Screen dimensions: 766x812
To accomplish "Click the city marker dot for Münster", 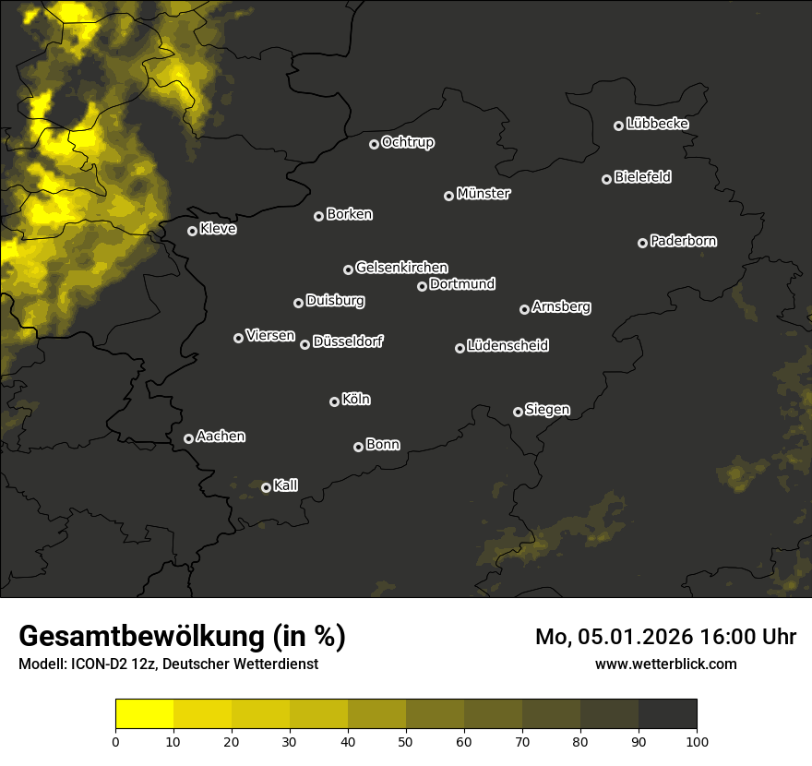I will pyautogui.click(x=449, y=196).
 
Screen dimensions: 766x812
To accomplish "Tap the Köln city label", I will pyautogui.click(x=356, y=400).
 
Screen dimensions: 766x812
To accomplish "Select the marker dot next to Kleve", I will pyautogui.click(x=193, y=231).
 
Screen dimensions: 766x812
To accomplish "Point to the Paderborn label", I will pyautogui.click(x=684, y=241).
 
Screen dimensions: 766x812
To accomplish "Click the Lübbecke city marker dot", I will pyautogui.click(x=619, y=126).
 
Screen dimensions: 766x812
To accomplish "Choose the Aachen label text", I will pyautogui.click(x=221, y=437).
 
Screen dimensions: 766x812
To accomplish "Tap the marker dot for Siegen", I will pyautogui.click(x=518, y=412).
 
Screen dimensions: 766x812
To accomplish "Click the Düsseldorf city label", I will pyautogui.click(x=348, y=341).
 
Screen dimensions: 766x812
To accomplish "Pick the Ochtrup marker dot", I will pyautogui.click(x=374, y=144).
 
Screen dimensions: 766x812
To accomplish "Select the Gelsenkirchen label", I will pyautogui.click(x=401, y=268).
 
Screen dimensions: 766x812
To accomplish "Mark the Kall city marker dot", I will pyautogui.click(x=266, y=487).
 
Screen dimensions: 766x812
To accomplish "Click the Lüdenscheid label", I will pyautogui.click(x=507, y=346).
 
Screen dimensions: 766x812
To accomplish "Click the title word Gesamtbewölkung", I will pyautogui.click(x=138, y=637).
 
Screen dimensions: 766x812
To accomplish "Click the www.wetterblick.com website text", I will pyautogui.click(x=666, y=664).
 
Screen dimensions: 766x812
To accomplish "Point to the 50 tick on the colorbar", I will pyautogui.click(x=406, y=740).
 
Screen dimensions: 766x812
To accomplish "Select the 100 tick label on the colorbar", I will pyautogui.click(x=697, y=740).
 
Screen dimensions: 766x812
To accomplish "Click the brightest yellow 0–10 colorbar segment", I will pyautogui.click(x=145, y=713).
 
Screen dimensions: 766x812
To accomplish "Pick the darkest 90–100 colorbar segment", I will pyautogui.click(x=667, y=713).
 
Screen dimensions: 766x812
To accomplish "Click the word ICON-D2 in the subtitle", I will pyautogui.click(x=95, y=664).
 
